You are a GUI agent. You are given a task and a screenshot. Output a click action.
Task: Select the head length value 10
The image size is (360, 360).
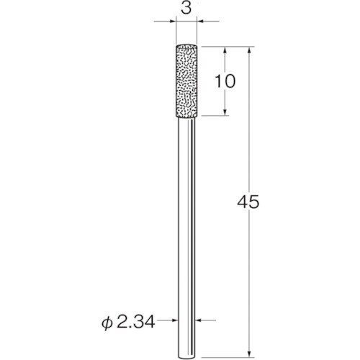click(225, 81)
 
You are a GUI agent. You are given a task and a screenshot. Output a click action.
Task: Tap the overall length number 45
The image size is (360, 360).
click(248, 202)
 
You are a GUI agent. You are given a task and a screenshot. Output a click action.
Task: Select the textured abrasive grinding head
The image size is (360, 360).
click(187, 81)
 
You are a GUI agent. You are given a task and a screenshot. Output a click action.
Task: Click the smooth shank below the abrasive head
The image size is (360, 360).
click(187, 216)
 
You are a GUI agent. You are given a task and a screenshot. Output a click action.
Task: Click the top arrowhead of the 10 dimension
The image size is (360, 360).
click(225, 51)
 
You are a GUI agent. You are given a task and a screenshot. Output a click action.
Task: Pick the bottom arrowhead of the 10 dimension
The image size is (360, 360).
click(225, 112)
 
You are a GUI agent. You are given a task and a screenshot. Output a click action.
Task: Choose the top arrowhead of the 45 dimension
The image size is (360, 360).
click(248, 51)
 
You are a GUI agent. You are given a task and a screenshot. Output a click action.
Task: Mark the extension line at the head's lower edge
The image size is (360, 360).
click(216, 116)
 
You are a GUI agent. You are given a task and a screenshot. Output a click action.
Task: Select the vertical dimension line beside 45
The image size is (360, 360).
click(248, 274)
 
